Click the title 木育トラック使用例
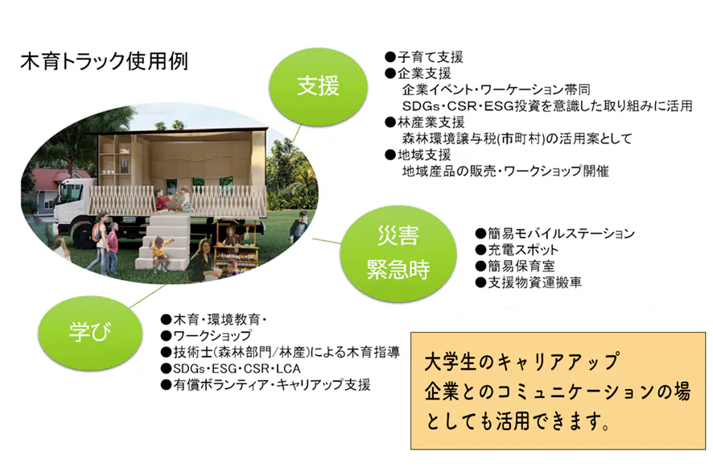[x=104, y=61]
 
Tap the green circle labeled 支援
[x=319, y=86]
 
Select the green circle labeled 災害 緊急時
[x=398, y=253]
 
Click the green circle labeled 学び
[x=90, y=332]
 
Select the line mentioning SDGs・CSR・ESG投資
[x=547, y=106]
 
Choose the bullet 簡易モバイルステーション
[x=554, y=234]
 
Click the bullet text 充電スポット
[x=517, y=250]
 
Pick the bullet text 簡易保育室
[x=515, y=267]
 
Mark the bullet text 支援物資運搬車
[x=529, y=283]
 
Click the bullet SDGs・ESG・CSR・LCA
[x=230, y=368]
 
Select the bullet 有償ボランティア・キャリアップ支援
[x=266, y=384]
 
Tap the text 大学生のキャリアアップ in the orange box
[x=521, y=362]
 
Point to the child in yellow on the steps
[x=159, y=253]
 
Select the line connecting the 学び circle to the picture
[x=147, y=296]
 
